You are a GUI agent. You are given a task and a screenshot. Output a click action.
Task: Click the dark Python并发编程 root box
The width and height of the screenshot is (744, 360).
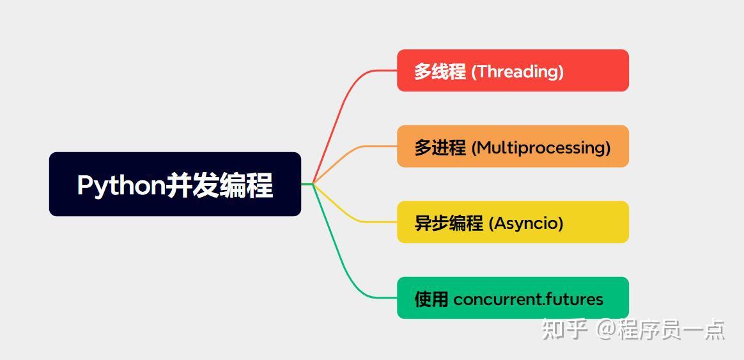[174, 184]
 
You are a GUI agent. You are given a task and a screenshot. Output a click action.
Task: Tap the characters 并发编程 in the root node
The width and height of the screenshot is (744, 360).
[220, 185]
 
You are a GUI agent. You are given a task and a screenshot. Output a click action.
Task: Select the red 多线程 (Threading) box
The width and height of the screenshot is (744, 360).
[513, 70]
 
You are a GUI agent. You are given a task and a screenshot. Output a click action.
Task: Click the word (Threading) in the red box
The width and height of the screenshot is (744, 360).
[517, 72]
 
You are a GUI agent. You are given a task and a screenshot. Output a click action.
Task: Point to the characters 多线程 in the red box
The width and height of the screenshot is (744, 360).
[440, 72]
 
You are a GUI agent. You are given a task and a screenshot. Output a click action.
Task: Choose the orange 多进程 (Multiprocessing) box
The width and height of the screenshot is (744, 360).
[513, 146]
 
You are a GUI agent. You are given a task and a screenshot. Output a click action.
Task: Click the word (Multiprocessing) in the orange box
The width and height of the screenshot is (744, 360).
[541, 148]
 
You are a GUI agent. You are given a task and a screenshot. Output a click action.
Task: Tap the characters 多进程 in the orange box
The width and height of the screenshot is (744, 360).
[440, 148]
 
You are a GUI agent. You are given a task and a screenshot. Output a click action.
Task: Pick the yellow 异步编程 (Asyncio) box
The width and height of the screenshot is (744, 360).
[513, 222]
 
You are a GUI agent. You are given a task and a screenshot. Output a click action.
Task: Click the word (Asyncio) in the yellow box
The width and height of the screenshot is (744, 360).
[526, 223]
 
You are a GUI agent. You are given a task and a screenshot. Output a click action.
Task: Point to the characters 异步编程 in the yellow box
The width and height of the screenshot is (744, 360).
[449, 223]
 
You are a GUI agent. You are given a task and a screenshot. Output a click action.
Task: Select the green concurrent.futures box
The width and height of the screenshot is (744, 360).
[513, 297]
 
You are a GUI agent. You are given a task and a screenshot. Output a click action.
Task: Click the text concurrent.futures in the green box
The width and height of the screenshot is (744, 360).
[528, 299]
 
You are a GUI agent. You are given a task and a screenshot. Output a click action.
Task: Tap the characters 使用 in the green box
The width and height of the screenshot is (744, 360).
[431, 299]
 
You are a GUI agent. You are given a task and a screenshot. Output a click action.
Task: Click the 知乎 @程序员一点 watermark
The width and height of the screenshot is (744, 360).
[633, 329]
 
